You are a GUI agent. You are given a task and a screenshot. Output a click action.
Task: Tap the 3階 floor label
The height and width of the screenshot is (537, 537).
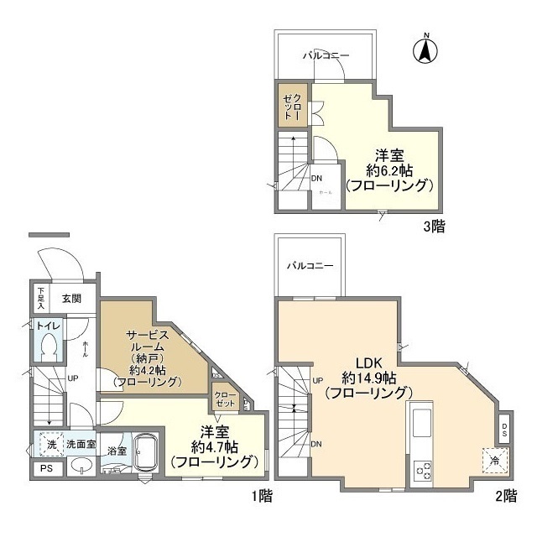433,227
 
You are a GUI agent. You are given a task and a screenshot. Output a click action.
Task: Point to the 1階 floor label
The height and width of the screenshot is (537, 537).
261,495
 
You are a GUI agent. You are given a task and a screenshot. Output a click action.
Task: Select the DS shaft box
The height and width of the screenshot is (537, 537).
503,430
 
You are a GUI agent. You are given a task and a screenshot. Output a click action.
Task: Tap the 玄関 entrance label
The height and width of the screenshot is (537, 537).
71,297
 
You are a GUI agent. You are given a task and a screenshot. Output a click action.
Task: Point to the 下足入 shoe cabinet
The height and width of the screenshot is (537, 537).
40,297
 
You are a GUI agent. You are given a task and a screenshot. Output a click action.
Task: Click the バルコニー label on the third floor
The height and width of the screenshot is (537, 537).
326,55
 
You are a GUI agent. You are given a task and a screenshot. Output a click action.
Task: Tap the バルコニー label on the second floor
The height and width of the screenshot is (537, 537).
310,267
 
